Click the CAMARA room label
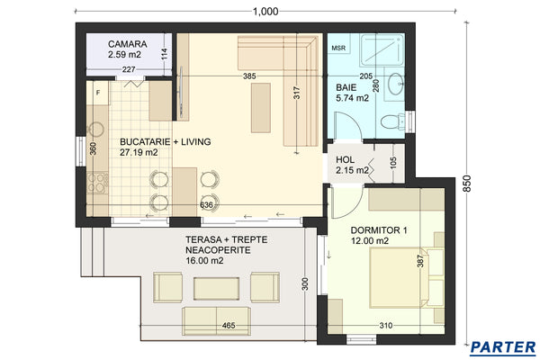coord(128,43)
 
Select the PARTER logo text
coord(503,347)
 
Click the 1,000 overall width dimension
coord(265,10)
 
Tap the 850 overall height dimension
coord(465,183)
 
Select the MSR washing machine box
coord(338,48)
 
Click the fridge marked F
coord(97,92)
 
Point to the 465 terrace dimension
coord(229,324)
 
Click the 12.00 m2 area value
coord(371,241)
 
